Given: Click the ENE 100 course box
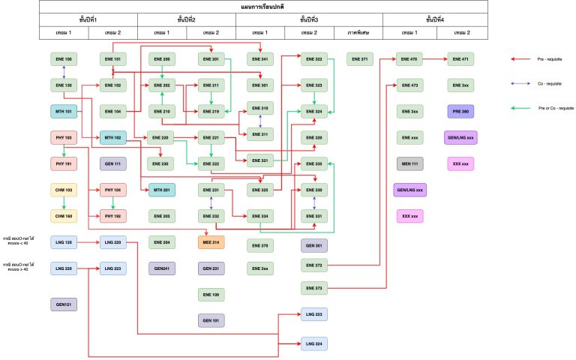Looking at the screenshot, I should point(64,58).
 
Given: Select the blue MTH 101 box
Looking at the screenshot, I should point(64,112).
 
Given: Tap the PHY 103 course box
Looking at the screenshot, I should point(64,138).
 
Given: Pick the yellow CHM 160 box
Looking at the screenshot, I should point(64,216).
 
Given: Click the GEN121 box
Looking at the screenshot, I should point(64,304).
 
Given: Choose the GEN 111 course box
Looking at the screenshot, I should point(112,163).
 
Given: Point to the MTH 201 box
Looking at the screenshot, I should point(162,190).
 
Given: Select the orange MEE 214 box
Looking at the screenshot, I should point(211,242).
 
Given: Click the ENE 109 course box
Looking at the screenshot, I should point(211,294).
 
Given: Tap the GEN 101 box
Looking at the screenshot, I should point(211,320).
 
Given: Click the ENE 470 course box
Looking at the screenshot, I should point(409,58).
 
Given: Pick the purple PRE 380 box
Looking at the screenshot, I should point(459,112).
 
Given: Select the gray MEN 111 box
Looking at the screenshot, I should point(409,163).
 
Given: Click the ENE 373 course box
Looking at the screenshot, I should point(314,288).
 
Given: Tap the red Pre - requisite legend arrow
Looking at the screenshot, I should point(520,58).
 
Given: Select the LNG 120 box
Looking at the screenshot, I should point(64,242).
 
